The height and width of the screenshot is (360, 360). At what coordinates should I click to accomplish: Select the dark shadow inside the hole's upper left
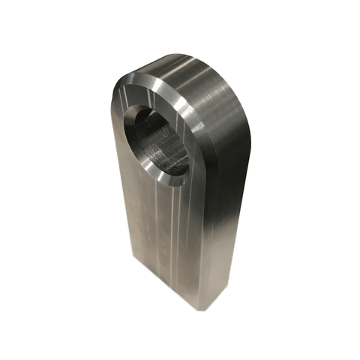142,124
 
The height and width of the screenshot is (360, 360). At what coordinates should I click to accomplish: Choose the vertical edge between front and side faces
196,240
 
